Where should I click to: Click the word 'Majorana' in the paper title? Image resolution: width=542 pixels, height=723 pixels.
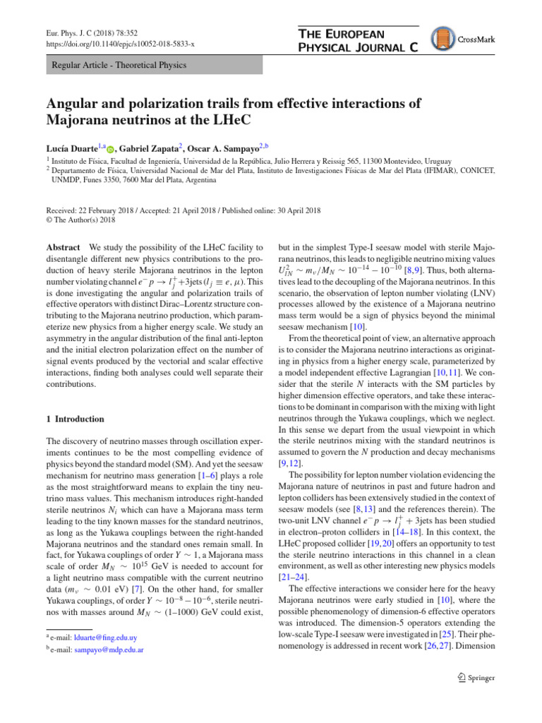tap(78, 121)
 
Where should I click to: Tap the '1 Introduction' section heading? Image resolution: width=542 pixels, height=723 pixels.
tap(75, 419)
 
